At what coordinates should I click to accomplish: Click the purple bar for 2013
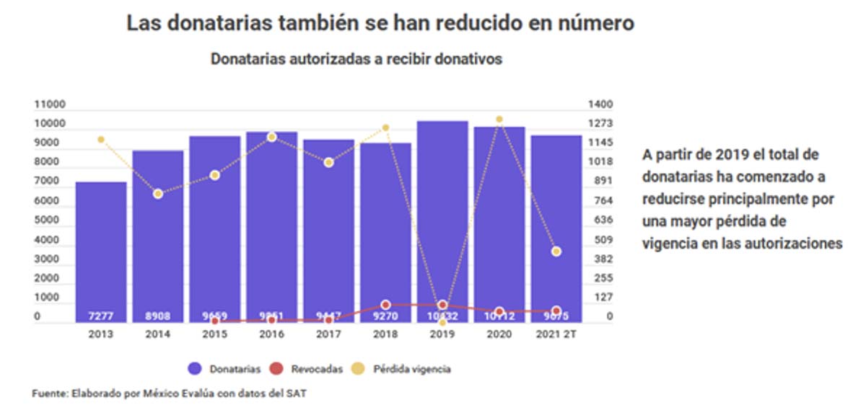pyautogui.click(x=101, y=252)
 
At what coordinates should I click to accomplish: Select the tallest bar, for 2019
pyautogui.click(x=442, y=216)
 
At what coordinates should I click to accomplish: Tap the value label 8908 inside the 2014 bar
pyautogui.click(x=157, y=316)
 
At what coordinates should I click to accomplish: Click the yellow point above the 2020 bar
pyautogui.click(x=499, y=120)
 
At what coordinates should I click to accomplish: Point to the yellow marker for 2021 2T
pyautogui.click(x=556, y=251)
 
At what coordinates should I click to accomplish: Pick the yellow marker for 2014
pyautogui.click(x=157, y=194)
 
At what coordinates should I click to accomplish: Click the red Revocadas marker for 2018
pyautogui.click(x=385, y=305)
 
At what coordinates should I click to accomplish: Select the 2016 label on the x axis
pyautogui.click(x=271, y=335)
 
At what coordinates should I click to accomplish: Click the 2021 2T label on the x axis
pyautogui.click(x=556, y=335)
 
